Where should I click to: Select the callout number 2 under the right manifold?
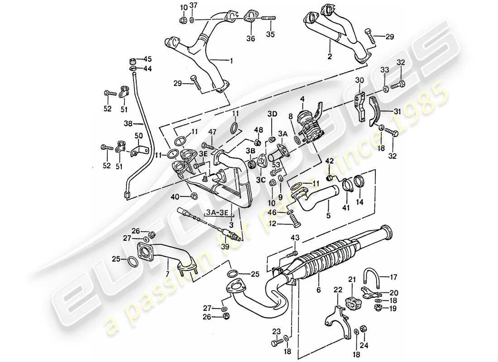pyautogui.click(x=330, y=57)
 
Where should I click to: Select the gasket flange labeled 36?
pyautogui.click(x=249, y=17)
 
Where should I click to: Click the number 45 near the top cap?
pyautogui.click(x=148, y=59)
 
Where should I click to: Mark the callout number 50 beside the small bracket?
pyautogui.click(x=139, y=135)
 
